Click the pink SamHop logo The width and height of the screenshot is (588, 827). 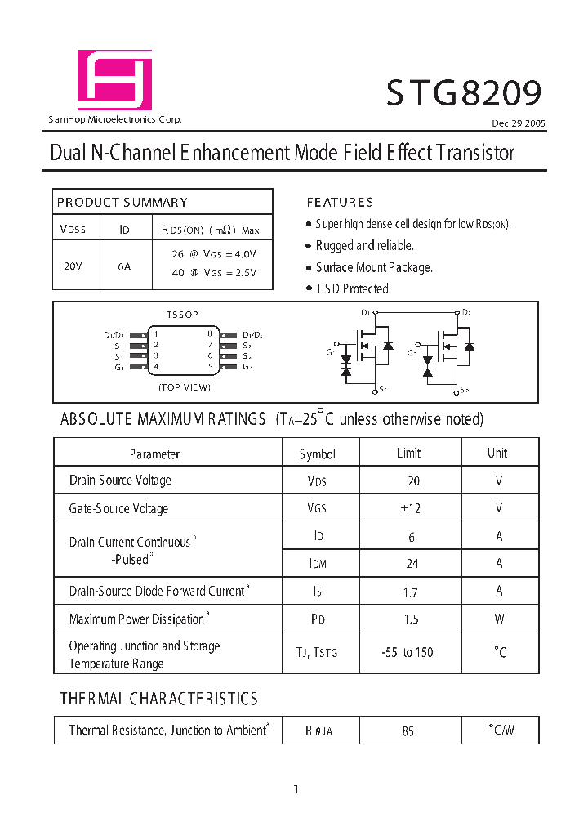click(x=114, y=80)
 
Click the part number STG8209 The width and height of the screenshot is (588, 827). click(x=463, y=93)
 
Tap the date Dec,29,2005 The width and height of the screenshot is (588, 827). click(x=519, y=123)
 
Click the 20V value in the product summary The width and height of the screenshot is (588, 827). click(x=73, y=266)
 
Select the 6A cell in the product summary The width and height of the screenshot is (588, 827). click(x=124, y=266)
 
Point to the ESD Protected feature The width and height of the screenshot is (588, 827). click(x=354, y=288)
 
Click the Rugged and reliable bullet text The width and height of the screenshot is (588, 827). click(x=364, y=245)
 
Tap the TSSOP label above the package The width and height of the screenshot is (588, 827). click(x=182, y=315)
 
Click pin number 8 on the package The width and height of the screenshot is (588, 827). click(x=210, y=333)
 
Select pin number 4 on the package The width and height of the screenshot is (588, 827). click(x=156, y=366)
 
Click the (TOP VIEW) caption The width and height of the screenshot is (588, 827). click(x=185, y=387)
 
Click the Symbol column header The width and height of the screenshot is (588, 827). click(x=317, y=454)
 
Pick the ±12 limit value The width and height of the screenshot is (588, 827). click(x=411, y=508)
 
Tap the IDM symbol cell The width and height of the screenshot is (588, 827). click(x=317, y=564)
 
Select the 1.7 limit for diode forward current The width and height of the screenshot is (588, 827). click(x=411, y=592)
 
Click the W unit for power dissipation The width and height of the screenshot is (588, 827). click(x=499, y=619)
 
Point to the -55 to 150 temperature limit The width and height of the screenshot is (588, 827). click(x=408, y=652)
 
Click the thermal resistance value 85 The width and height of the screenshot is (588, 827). click(x=408, y=731)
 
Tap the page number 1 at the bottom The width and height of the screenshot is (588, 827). click(x=296, y=789)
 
